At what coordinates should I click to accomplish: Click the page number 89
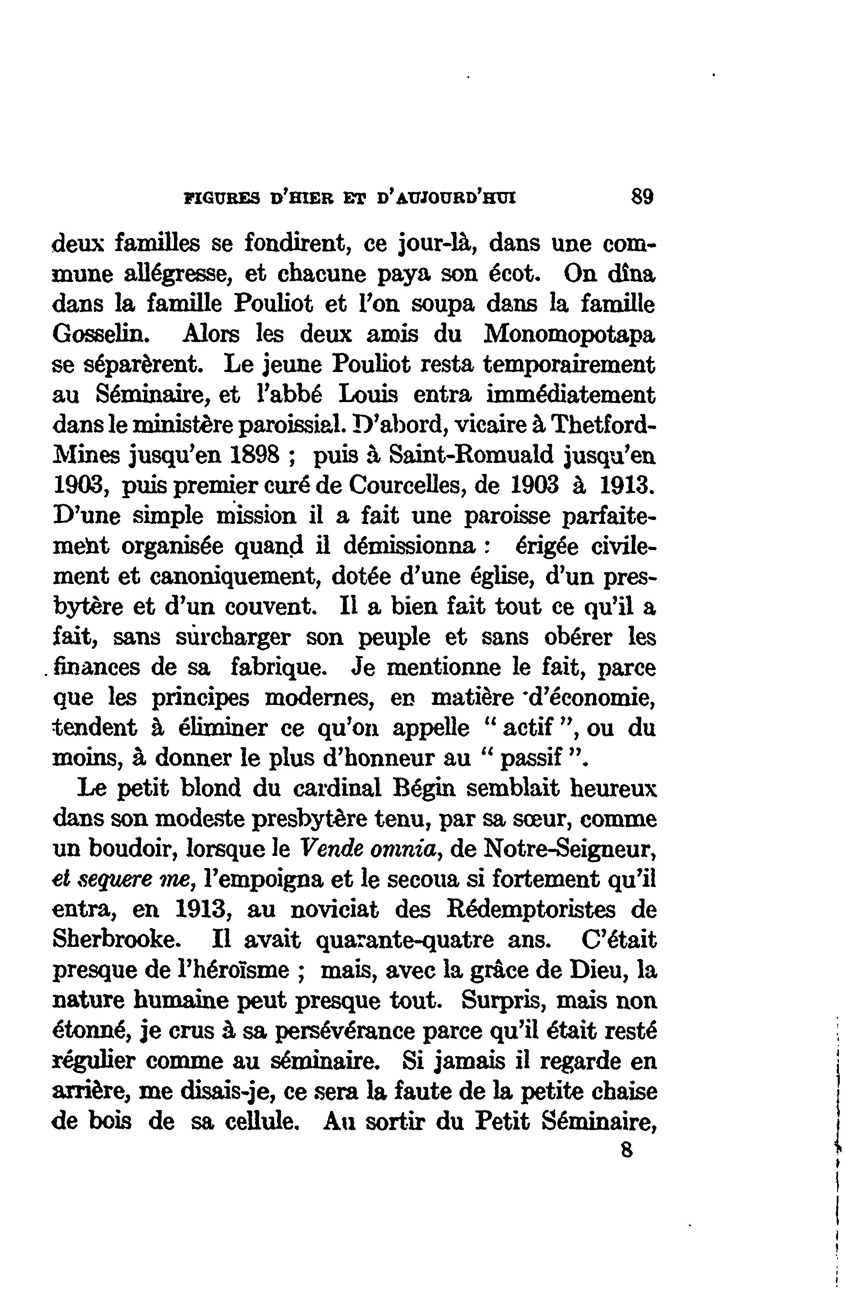point(642,196)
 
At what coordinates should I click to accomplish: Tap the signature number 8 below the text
point(627,1150)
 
